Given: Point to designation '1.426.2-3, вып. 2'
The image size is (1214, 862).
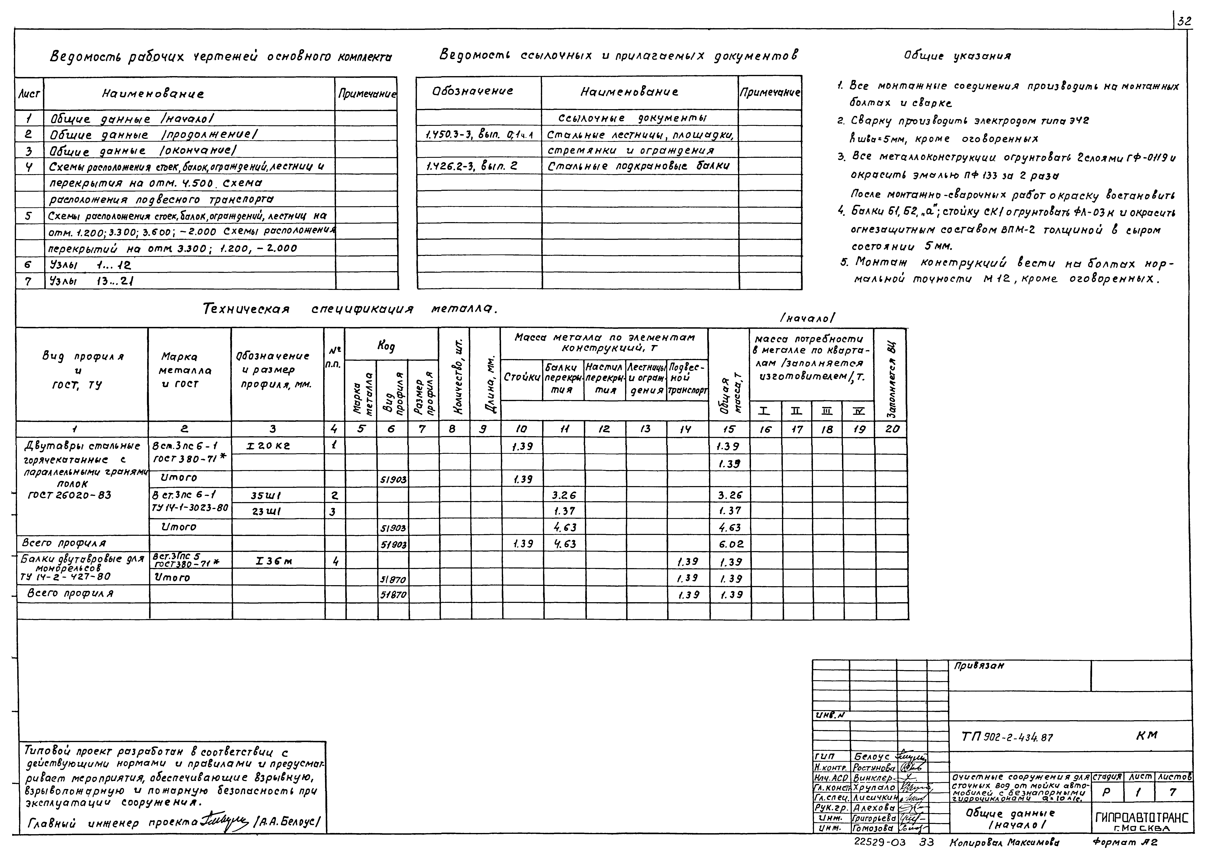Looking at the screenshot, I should pos(472,166).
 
